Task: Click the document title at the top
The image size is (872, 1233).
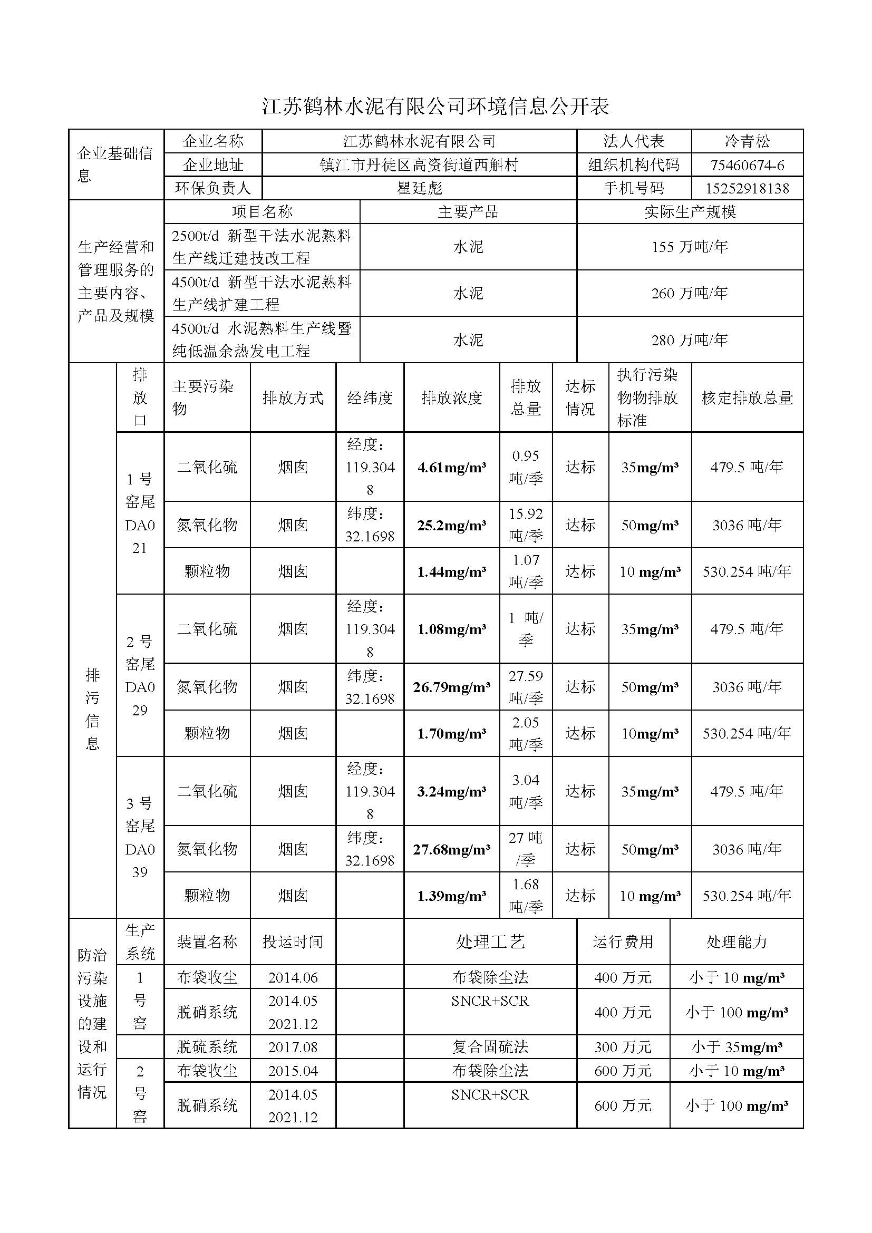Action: click(435, 107)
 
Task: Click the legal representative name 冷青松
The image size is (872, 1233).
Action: click(747, 141)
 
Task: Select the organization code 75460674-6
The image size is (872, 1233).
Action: click(747, 165)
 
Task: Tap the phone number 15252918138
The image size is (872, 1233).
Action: click(747, 189)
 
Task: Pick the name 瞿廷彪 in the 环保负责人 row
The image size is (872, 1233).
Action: click(419, 189)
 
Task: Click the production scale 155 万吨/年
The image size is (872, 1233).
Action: click(690, 247)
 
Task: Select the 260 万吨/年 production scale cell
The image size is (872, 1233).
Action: click(690, 293)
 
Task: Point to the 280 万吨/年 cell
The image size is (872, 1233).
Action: click(690, 340)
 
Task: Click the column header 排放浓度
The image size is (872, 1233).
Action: click(452, 398)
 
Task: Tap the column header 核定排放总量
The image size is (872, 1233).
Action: click(747, 398)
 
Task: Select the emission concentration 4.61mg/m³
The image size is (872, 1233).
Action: click(452, 468)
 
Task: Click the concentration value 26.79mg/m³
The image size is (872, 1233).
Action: click(452, 687)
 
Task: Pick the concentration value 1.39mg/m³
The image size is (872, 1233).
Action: click(452, 896)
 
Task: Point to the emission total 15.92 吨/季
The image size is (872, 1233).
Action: click(526, 525)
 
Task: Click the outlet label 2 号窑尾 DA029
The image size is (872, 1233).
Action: click(140, 676)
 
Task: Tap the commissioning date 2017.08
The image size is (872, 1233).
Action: click(293, 1047)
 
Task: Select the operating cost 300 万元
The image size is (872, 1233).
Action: click(623, 1047)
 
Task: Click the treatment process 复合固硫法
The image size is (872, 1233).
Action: click(490, 1047)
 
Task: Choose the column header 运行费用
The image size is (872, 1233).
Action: click(623, 942)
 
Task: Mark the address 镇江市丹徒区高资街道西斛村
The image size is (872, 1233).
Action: click(419, 165)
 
